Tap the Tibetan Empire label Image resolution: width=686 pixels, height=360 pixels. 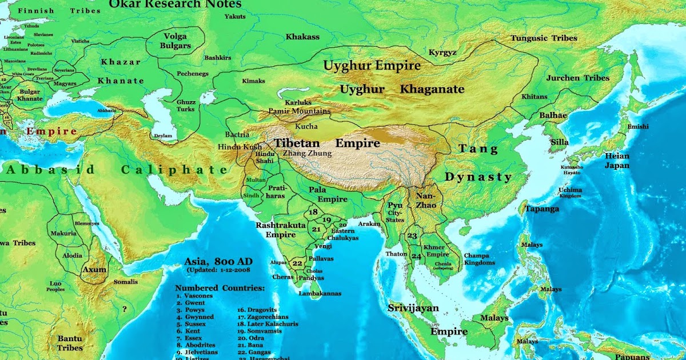(326, 143)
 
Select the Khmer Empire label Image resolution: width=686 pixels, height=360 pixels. (438, 250)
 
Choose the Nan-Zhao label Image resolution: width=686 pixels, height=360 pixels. (427, 199)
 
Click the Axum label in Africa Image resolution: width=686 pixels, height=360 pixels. (94, 269)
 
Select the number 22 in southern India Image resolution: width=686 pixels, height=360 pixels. (297, 263)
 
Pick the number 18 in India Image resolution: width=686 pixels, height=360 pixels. (313, 212)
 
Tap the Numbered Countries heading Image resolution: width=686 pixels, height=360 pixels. (220, 288)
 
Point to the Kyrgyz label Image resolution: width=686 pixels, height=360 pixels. (442, 53)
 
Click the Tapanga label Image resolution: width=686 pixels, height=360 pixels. (542, 209)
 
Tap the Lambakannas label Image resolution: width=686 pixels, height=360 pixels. (320, 293)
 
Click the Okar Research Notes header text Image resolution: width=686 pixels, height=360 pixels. (175, 5)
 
